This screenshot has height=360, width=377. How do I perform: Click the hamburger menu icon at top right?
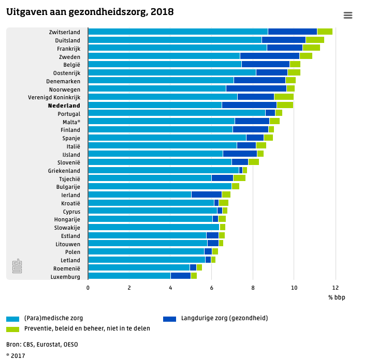348,16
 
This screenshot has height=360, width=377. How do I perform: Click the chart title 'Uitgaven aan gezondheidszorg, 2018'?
90,12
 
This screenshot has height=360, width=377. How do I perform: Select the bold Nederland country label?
64,106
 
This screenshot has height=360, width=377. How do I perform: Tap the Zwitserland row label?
64,32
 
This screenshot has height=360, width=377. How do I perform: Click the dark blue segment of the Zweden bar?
269,56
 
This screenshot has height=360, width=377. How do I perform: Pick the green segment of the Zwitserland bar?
325,32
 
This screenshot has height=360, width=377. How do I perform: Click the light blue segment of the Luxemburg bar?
129,276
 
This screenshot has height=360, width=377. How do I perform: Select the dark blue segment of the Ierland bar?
207,194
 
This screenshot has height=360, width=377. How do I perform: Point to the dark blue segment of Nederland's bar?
249,105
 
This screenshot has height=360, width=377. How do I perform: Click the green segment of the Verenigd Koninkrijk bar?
284,97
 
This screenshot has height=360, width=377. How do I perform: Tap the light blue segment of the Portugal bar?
177,113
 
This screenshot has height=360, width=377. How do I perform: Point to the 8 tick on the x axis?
253,288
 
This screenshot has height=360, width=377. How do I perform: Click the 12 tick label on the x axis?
335,288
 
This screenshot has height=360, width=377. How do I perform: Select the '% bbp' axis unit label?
337,297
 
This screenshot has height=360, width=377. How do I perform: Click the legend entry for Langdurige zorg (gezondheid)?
224,318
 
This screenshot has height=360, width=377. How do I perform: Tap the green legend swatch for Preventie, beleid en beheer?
12,329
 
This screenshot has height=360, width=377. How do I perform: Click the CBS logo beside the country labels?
17,266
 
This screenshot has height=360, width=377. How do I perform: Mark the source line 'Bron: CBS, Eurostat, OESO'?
42,344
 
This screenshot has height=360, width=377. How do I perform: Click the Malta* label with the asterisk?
71,122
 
